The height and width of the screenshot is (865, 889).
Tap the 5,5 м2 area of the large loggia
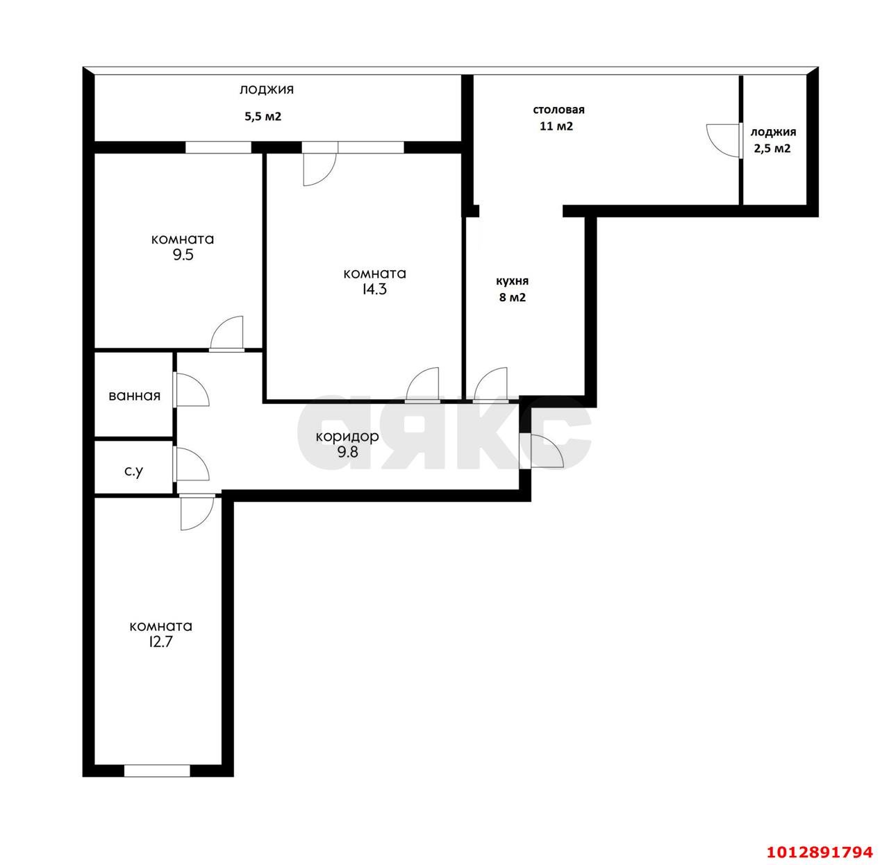(263, 117)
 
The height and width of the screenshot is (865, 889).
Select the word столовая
(558, 110)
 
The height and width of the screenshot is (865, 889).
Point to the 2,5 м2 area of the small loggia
(772, 149)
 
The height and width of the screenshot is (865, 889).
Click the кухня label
(512, 281)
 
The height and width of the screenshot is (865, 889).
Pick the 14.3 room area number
(374, 289)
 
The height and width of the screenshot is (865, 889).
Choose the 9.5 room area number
(183, 255)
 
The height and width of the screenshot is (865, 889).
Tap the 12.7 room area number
(160, 642)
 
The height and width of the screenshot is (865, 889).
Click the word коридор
(347, 437)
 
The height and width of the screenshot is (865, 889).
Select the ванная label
(134, 396)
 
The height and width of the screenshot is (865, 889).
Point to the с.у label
(134, 471)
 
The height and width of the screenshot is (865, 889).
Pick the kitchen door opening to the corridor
(490, 385)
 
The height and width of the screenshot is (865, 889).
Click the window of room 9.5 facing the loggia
(218, 147)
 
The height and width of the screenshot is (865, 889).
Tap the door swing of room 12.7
(197, 513)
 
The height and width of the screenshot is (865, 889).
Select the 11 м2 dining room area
(556, 126)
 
